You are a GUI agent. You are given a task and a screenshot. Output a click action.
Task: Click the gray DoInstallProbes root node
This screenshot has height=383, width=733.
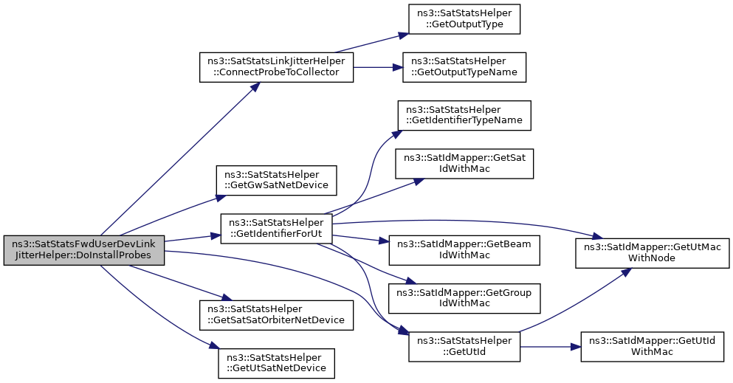pos(84,250)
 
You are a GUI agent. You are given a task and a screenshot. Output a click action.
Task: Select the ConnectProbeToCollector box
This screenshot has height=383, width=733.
pos(276,67)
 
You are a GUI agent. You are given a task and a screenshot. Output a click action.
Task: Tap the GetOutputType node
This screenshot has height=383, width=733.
pos(464,19)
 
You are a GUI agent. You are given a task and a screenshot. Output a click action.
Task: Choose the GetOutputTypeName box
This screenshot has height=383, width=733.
pos(464,67)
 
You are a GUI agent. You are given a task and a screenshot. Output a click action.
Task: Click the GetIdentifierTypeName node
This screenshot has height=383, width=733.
pos(464,115)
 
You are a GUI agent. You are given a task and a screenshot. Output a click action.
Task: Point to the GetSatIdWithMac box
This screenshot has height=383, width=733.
pos(464,164)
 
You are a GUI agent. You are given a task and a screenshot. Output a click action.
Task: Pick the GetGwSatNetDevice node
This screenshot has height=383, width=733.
pos(276,180)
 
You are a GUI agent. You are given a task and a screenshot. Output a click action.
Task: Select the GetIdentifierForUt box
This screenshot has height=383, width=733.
pos(276,229)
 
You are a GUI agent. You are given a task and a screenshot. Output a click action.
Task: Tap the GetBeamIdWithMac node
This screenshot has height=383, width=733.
pos(464,250)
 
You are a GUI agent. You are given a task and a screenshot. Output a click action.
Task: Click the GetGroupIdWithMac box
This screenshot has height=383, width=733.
pos(464,298)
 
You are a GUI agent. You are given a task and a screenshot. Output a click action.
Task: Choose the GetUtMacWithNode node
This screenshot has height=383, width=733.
pos(652,253)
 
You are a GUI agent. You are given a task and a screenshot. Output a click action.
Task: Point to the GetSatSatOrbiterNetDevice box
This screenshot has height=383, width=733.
pos(276,315)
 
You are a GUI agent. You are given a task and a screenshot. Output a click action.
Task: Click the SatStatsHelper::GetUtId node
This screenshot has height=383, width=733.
pos(464,347)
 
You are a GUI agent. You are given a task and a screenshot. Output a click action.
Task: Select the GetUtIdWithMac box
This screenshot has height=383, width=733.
pos(652,347)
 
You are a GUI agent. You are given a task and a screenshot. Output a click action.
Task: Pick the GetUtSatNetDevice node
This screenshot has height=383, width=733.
pos(276,363)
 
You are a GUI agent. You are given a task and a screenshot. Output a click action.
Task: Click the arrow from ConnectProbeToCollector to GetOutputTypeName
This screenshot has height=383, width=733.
pos(378,67)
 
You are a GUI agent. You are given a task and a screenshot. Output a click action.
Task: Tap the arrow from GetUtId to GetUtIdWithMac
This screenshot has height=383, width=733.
pos(551,347)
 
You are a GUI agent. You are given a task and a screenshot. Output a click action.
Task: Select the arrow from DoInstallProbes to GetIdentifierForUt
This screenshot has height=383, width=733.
pos(193,238)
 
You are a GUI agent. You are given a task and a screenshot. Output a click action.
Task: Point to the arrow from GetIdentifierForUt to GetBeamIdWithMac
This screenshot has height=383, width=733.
pos(361,239)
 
